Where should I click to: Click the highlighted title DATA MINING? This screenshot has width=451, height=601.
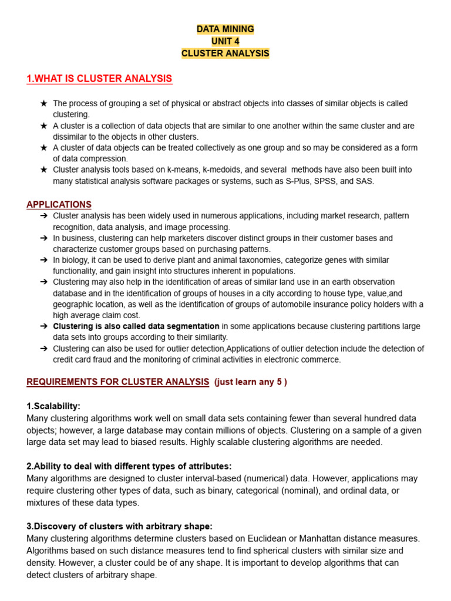[x=225, y=29]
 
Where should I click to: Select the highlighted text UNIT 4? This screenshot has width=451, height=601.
[x=225, y=41]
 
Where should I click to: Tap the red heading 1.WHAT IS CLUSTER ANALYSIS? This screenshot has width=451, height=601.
[x=99, y=79]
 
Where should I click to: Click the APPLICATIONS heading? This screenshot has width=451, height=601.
[x=59, y=204]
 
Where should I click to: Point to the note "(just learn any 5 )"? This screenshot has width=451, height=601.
[x=251, y=382]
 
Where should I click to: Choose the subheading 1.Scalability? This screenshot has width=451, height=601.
[x=53, y=406]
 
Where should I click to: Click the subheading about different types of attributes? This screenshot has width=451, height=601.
[x=129, y=466]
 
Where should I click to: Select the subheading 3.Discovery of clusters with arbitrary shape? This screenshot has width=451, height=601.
[x=120, y=526]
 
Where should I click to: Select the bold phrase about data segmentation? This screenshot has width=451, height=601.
[x=136, y=326]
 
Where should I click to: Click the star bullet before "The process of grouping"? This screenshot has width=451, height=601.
[x=43, y=103]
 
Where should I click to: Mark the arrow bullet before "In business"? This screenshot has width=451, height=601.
[x=43, y=238]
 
